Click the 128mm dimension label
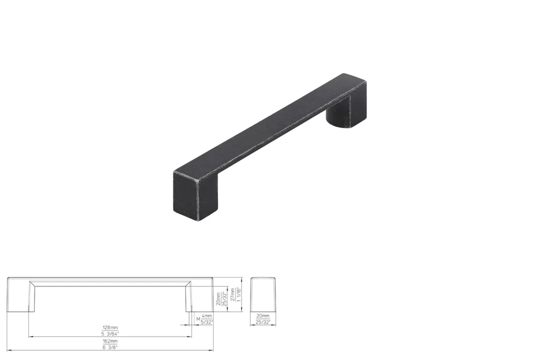point(110,328)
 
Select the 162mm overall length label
point(110,341)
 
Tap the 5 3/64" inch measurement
point(110,334)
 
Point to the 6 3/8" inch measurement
point(110,347)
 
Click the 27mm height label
point(233,294)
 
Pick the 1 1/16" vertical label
point(238,294)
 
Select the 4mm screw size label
point(207,316)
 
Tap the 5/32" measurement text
point(207,322)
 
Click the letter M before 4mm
point(198,319)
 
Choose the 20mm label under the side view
point(263,316)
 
